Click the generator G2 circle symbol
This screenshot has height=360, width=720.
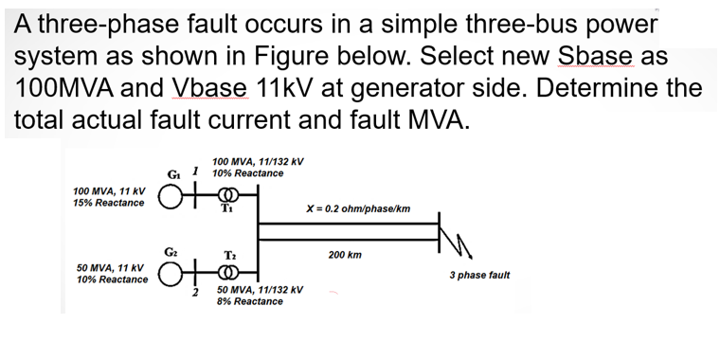[x=170, y=277]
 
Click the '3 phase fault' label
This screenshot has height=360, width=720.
[x=479, y=275]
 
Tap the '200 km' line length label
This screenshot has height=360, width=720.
[x=345, y=256]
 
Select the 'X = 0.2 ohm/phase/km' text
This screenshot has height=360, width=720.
[x=358, y=208]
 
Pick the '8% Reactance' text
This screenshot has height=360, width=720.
[x=250, y=301]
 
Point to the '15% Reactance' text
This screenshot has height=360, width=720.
[x=109, y=204]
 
